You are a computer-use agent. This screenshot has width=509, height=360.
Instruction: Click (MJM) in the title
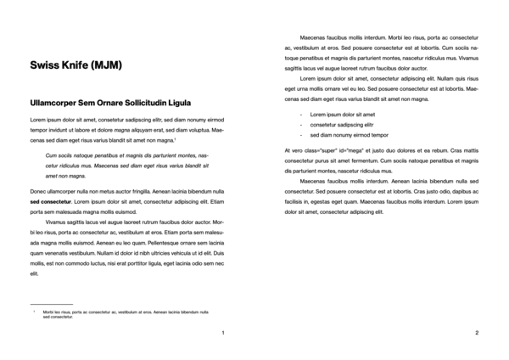coord(104,65)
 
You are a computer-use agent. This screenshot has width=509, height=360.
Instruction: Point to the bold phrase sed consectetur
coord(48,203)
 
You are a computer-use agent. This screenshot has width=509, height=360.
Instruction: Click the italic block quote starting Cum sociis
coord(126,166)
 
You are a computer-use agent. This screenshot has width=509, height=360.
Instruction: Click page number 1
coord(222,332)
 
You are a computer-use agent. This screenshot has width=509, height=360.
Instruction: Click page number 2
coord(477,332)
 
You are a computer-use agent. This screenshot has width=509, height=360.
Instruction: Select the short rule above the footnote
coord(51,303)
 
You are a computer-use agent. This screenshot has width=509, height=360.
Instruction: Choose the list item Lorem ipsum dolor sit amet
coord(343,114)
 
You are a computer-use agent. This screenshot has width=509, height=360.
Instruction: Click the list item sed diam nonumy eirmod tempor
coord(349,135)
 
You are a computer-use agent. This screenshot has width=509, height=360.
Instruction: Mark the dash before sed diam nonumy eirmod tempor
coord(301,135)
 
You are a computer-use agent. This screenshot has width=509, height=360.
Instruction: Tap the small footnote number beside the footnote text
coord(34,311)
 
